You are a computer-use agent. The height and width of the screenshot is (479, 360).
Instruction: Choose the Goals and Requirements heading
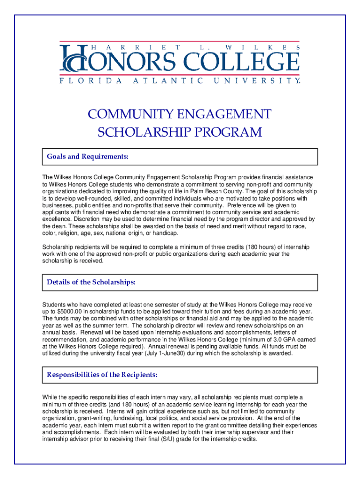tap(87, 157)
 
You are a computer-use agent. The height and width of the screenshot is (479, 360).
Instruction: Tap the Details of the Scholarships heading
tap(91, 283)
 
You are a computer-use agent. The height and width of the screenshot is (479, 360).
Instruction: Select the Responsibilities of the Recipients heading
tap(102, 375)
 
